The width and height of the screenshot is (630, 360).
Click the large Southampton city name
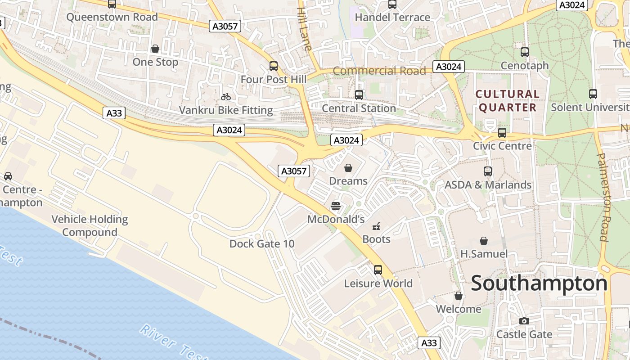(x=539, y=283)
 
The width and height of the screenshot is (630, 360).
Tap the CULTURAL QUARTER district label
(x=508, y=101)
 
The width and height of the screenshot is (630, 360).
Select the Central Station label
(x=359, y=108)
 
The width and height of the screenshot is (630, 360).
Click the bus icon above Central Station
(x=359, y=95)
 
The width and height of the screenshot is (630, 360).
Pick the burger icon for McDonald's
(x=335, y=206)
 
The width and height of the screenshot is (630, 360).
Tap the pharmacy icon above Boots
(x=376, y=226)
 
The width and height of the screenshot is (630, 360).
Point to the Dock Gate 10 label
(x=262, y=244)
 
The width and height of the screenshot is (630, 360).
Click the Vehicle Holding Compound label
(x=90, y=226)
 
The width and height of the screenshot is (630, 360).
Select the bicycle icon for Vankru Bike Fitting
(x=226, y=97)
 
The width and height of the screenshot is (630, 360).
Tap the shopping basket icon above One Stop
(x=155, y=49)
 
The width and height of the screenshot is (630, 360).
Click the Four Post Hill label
(x=273, y=80)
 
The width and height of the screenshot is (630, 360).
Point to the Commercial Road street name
(x=379, y=71)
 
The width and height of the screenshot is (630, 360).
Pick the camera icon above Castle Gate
(x=524, y=321)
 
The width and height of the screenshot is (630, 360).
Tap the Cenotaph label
(x=525, y=66)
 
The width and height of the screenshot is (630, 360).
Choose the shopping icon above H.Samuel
(x=484, y=241)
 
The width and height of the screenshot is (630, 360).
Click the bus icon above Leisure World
(x=378, y=270)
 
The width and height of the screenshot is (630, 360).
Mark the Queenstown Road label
(x=112, y=17)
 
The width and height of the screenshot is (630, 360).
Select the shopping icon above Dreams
(x=348, y=168)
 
